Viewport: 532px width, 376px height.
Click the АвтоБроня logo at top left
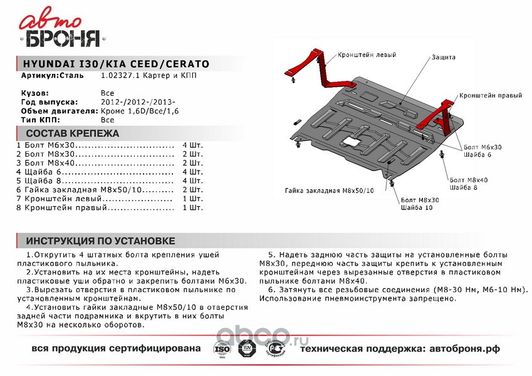[x=61, y=31]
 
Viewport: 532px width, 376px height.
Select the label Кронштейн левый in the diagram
[x=367, y=55]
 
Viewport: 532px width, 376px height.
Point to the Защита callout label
[x=443, y=57]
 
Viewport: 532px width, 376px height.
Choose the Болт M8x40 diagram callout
[x=469, y=180]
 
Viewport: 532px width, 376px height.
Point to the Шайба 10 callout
[x=416, y=207]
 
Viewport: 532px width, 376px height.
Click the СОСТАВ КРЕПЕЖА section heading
[x=73, y=133]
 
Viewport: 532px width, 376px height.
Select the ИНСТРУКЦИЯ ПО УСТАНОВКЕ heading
[x=100, y=241]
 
